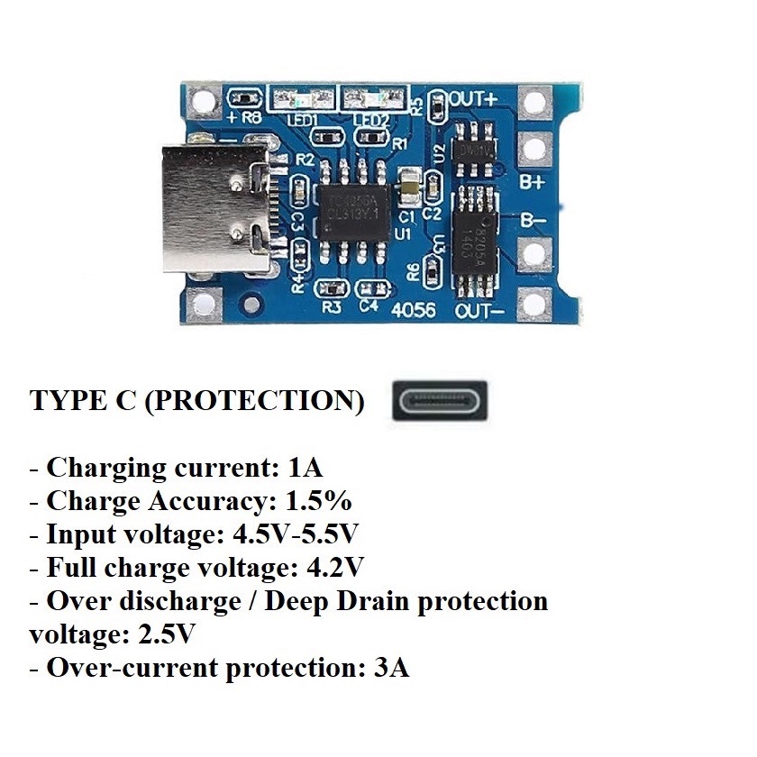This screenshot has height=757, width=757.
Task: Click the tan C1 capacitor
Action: [x=407, y=187]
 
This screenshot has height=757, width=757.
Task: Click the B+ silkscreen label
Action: [x=533, y=180]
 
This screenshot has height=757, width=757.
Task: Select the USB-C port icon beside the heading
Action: [x=440, y=399]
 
